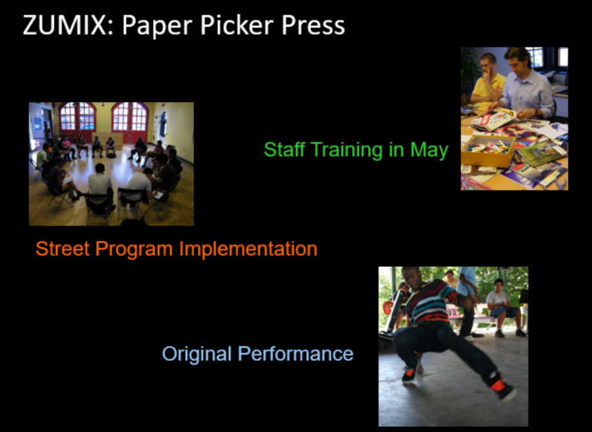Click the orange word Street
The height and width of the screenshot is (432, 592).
click(x=62, y=249)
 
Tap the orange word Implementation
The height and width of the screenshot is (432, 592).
click(x=248, y=249)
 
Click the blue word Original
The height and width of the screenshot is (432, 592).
click(x=197, y=354)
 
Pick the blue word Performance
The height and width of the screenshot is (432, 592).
click(x=295, y=354)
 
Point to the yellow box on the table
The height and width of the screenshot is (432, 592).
click(x=488, y=151)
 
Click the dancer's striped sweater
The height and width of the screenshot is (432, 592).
click(x=431, y=302)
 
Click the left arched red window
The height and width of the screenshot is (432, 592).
click(x=78, y=117)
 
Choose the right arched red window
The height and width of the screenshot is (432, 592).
click(x=129, y=117)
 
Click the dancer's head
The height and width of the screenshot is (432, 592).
click(x=410, y=277)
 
